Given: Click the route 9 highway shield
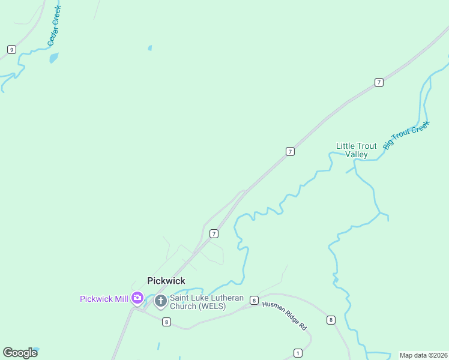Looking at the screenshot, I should coord(11,49).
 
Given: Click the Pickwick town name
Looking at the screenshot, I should coord(166,281).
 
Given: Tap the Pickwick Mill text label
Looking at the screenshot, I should coord(104,299).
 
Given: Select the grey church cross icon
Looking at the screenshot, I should coord(160,301).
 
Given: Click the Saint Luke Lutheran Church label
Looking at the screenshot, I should coord(198,302).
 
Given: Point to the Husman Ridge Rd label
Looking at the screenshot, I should coord(285,316).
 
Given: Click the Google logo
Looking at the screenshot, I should coord(20,353).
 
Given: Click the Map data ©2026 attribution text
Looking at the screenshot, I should coord(423,355).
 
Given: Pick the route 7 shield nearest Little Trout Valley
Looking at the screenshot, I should coord(290,152).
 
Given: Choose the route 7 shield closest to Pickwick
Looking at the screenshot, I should coord(213,233).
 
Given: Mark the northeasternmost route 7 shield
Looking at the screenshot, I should coord(379,82).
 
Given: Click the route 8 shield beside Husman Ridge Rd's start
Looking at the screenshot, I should coord(255,300).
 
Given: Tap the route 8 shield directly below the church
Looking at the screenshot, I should coord(166,322).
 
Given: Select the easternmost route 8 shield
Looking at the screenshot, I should coord(331,320).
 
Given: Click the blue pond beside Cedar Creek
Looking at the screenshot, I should coord(54,58).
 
